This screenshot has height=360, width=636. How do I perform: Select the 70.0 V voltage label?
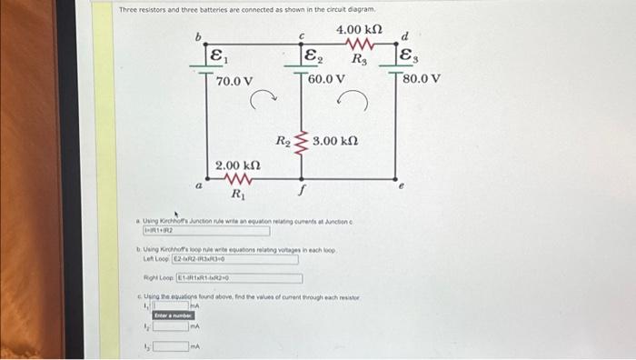click(234, 82)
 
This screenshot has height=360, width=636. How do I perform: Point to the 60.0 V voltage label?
click(327, 78)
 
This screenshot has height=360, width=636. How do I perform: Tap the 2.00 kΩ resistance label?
click(238, 165)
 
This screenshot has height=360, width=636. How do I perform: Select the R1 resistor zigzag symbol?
click(237, 179)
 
